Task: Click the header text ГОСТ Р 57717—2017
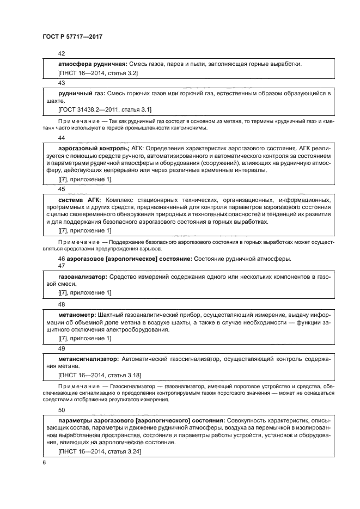pos(72,36)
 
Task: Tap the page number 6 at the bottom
pos(44,462)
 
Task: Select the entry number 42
pos(62,54)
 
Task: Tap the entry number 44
pos(62,138)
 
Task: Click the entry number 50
pos(62,410)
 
